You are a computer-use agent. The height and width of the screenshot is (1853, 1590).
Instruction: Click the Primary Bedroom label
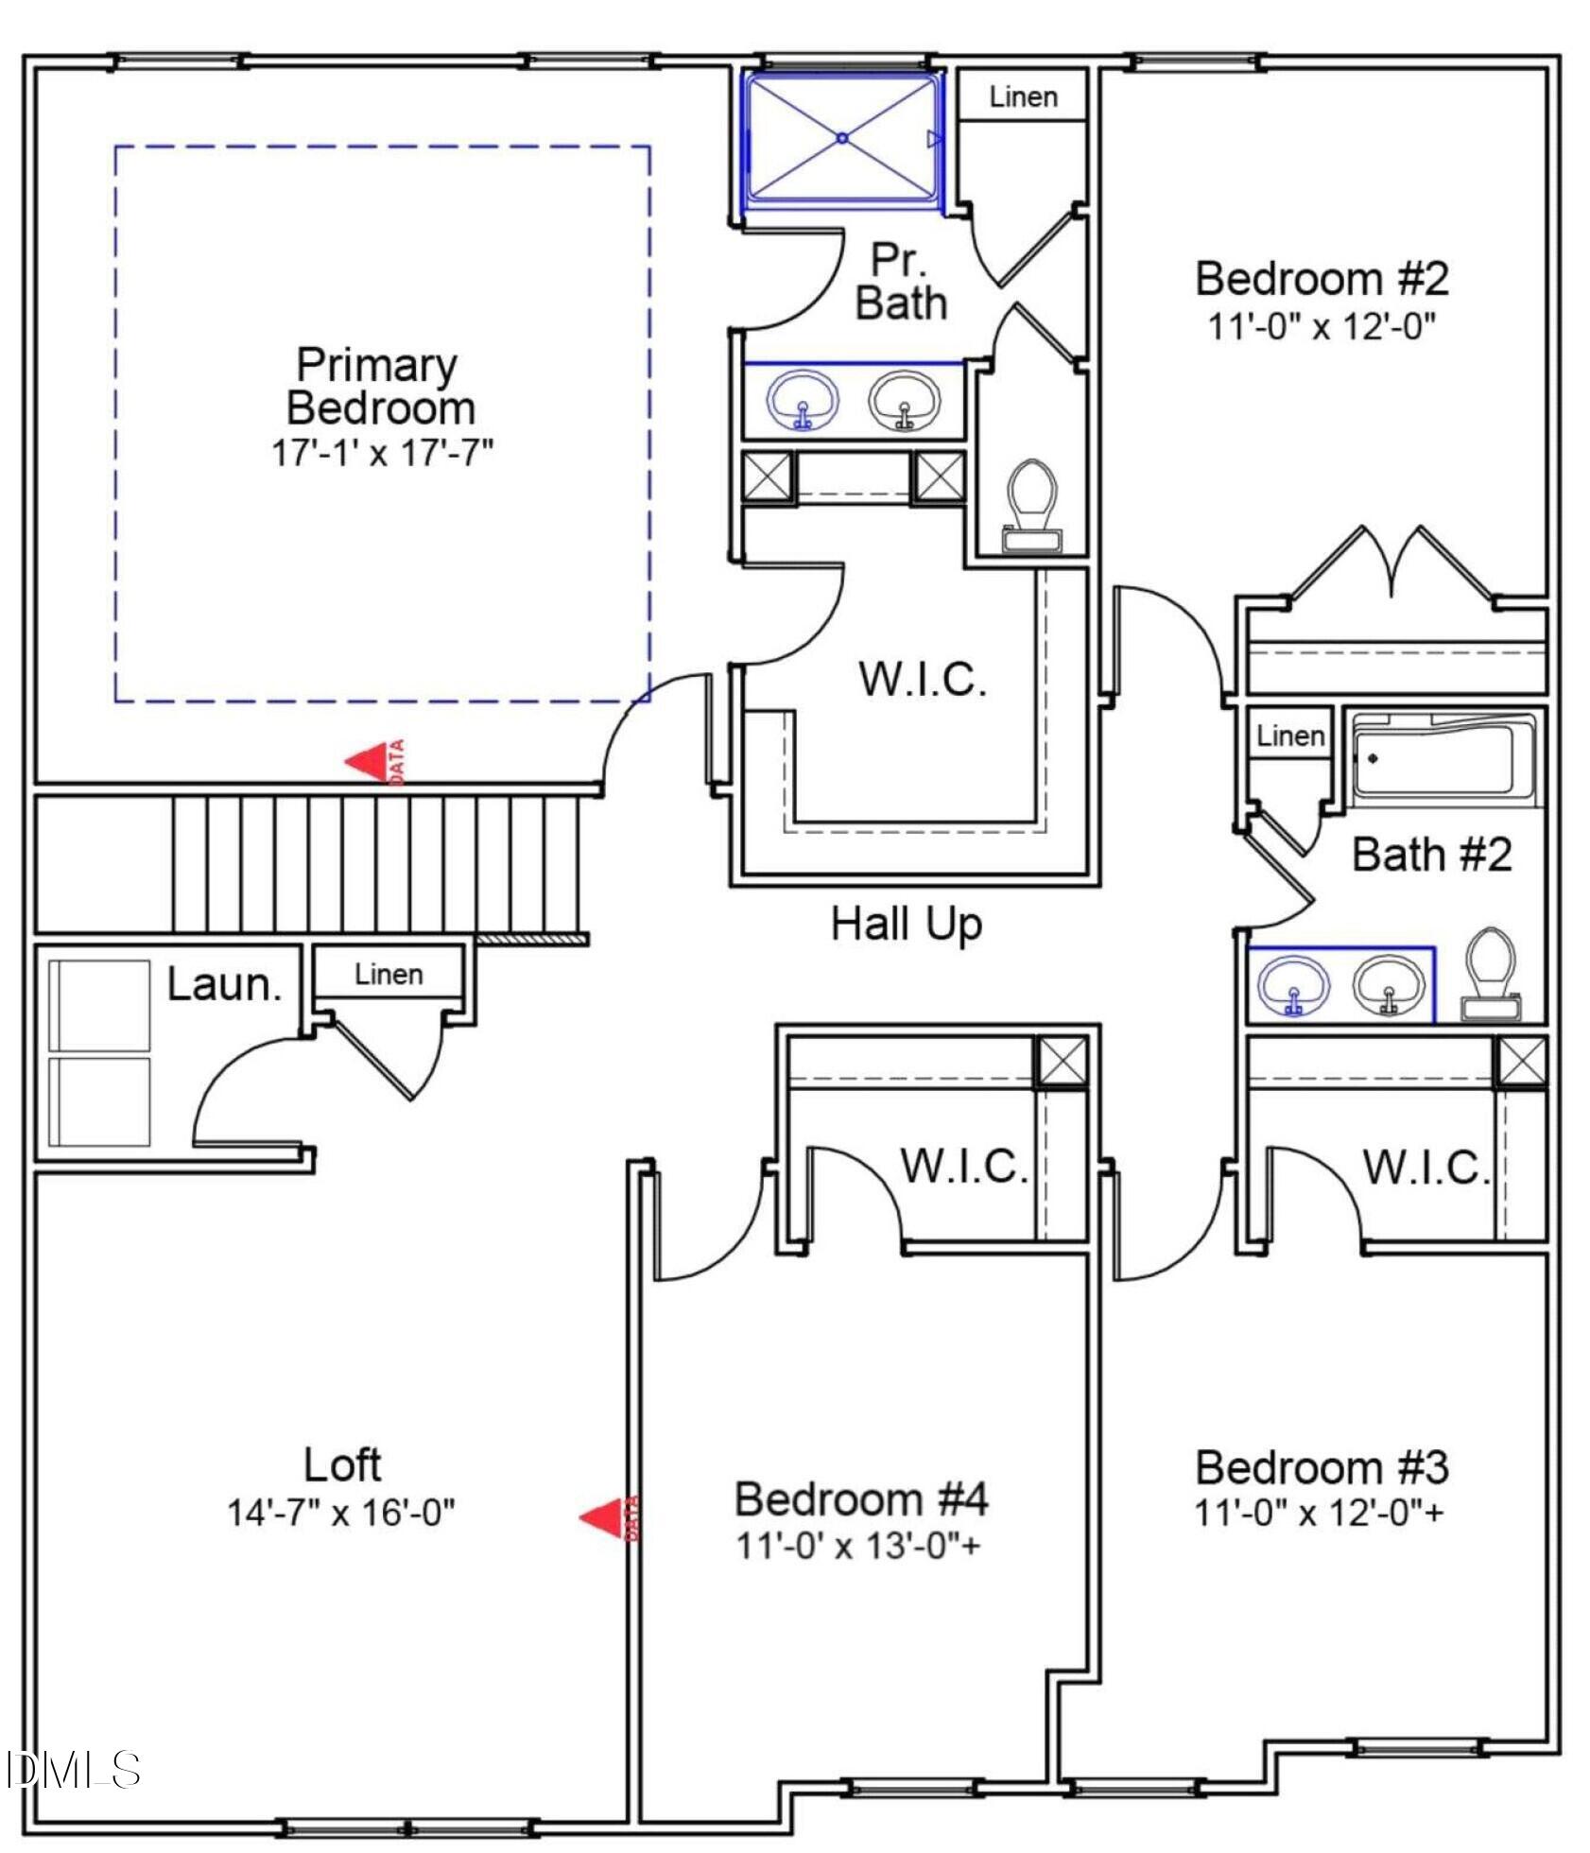coord(378,387)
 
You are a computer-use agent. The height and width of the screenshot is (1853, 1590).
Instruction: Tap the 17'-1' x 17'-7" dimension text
coord(383,453)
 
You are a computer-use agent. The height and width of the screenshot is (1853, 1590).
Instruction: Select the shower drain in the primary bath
coord(842,138)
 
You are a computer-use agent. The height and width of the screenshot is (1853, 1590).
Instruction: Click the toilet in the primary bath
coord(1031,505)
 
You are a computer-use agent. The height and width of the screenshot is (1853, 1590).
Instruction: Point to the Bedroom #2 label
coord(1322,279)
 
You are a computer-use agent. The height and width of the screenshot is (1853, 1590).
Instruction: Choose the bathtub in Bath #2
coord(1443,758)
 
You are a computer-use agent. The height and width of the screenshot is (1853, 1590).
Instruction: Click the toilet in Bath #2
coord(1490,974)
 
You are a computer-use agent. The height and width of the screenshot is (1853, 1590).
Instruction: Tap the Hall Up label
coord(906,924)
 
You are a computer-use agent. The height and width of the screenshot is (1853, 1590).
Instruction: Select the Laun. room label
coord(225,985)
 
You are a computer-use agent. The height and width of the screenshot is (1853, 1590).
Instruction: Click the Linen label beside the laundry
coord(389,975)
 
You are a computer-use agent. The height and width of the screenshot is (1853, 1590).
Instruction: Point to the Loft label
coord(342,1465)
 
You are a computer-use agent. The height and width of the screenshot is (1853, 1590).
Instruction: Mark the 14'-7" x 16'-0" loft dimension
coord(341,1513)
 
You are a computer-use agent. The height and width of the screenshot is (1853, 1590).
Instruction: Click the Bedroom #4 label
coord(860,1499)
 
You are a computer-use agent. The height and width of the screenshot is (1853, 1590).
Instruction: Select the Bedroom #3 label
coord(1321,1467)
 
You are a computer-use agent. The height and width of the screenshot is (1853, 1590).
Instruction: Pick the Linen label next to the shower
coord(1023,96)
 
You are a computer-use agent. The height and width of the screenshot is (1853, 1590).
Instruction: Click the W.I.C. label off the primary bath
coord(922,679)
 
